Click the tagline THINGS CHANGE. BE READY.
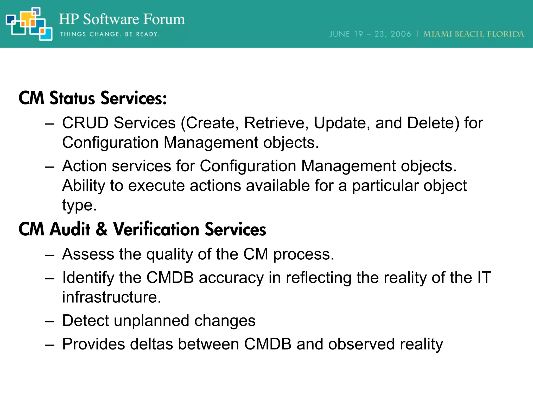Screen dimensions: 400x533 (x=110, y=34)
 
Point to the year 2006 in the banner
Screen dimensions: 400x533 (x=401, y=34)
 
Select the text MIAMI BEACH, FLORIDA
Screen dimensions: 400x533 (x=473, y=34)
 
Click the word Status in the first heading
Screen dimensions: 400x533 (x=72, y=98)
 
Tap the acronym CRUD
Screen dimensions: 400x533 (x=85, y=123)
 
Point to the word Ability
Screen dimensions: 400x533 (x=83, y=186)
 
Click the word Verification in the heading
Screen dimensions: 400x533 (x=156, y=229)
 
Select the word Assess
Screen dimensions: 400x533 (x=88, y=254)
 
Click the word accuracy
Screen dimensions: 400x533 (x=231, y=278)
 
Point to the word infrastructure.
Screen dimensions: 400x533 (x=111, y=297)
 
